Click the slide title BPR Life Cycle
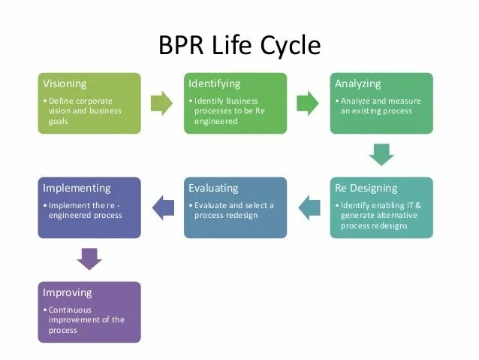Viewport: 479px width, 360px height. click(x=239, y=46)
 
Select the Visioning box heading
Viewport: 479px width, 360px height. click(x=65, y=83)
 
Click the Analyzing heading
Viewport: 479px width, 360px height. click(x=358, y=83)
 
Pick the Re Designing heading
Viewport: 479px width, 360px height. click(x=366, y=188)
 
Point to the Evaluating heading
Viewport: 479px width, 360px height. click(x=213, y=188)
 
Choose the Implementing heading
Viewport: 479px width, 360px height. click(x=77, y=188)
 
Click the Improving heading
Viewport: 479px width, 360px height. click(x=68, y=292)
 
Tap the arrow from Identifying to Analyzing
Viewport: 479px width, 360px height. click(x=308, y=103)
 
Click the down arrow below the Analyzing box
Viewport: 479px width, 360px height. click(x=381, y=155)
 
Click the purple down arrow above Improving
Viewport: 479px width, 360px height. click(x=89, y=259)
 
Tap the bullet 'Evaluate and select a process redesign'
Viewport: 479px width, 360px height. click(x=233, y=210)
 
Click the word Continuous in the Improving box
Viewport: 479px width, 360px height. click(x=70, y=310)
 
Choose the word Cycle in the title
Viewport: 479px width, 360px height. click(x=289, y=46)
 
